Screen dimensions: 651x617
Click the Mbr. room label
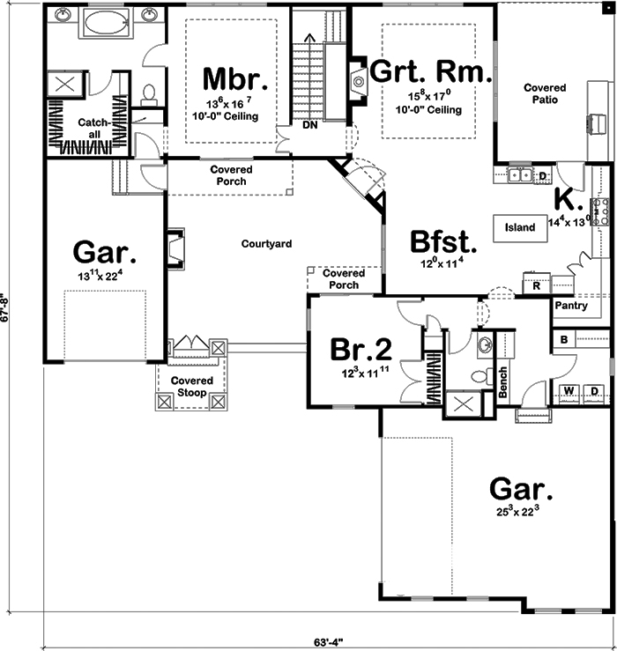229,78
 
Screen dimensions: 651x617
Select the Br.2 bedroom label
361,349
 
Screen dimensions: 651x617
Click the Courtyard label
265,243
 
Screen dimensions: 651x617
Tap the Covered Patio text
545,94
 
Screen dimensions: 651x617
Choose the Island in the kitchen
520,227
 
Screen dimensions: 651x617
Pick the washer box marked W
569,389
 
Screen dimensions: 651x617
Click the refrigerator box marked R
536,285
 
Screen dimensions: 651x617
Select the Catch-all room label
93,128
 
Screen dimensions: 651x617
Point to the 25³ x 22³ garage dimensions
519,510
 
